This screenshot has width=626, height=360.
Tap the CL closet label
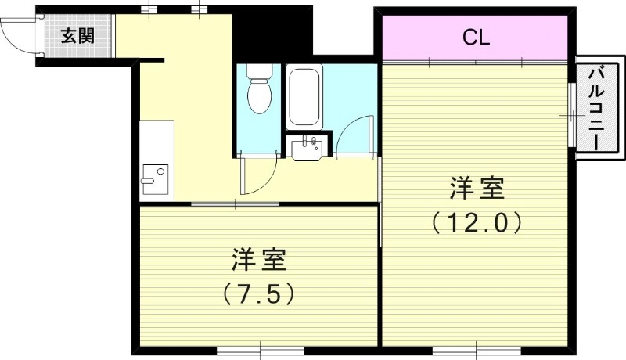click(475, 37)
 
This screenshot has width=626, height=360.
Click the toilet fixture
click(258, 90)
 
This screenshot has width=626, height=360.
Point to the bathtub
click(303, 98)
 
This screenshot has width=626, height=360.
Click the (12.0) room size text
click(476, 224)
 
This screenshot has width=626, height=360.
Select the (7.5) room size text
click(258, 293)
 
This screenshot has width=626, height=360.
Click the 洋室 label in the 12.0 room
click(476, 189)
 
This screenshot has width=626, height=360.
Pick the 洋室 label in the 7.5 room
click(258, 257)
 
